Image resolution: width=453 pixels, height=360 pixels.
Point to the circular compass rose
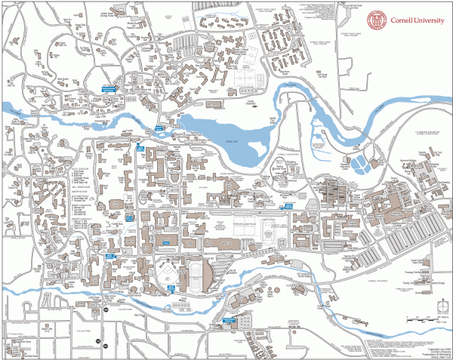point(436,306)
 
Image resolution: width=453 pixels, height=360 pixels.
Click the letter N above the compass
point(436,296)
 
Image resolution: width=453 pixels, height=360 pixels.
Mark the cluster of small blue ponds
point(363,161)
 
